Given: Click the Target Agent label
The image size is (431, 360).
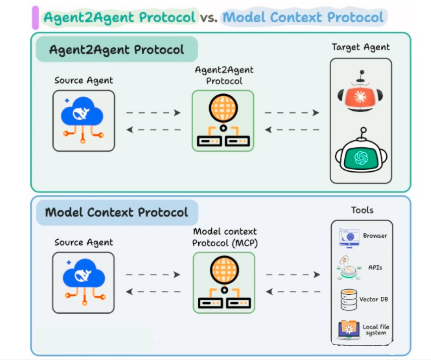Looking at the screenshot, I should coord(361,47).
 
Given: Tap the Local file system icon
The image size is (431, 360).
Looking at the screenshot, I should coord(349,329).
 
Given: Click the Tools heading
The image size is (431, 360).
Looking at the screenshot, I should coord(362,210).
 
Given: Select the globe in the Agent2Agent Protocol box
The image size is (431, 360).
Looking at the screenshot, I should coord(223,108).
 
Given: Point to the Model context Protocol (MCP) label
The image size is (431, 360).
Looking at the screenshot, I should coord(224,237).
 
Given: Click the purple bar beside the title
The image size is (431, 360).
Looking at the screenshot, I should coord(35,18).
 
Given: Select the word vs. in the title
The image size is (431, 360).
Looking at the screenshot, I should coord(209,18).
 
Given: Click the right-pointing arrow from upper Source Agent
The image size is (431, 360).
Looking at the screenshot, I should coord(153,113).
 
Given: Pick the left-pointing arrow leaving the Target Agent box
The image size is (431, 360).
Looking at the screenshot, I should coord(292,129).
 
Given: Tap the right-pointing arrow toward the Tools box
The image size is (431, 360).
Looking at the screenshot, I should coord(293,275).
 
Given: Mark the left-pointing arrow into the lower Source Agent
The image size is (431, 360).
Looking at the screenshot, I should coord(153,292).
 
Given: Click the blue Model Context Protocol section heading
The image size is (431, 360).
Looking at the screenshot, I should coord(117,212).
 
